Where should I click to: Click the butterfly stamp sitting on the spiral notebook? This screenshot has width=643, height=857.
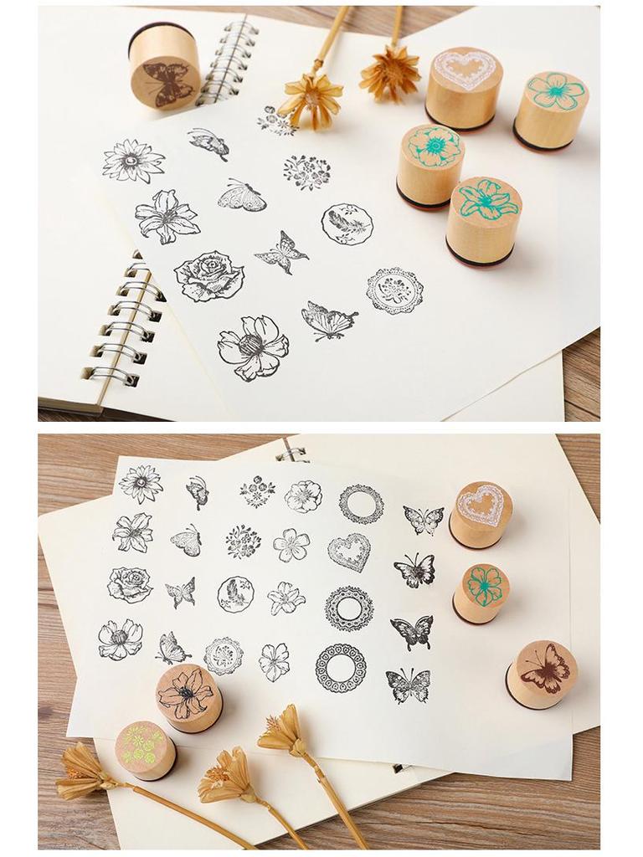(165, 67)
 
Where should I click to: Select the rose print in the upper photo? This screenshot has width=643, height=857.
(209, 276)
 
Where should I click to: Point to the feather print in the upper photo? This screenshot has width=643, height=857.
(347, 223)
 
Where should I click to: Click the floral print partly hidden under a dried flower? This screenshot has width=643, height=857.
(276, 120)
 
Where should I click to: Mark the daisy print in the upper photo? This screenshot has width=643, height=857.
(134, 161)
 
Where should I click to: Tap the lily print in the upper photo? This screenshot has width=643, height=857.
(167, 216)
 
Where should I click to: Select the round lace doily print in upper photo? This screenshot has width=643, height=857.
(394, 290)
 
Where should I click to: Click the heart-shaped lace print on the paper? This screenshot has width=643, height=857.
(348, 552)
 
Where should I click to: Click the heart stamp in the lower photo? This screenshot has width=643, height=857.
(481, 514)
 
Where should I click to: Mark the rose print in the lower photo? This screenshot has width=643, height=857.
(130, 585)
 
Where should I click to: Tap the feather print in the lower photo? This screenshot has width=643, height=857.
(235, 594)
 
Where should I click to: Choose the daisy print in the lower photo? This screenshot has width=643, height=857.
(140, 484)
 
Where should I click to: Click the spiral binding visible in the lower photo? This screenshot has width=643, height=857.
(292, 454)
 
